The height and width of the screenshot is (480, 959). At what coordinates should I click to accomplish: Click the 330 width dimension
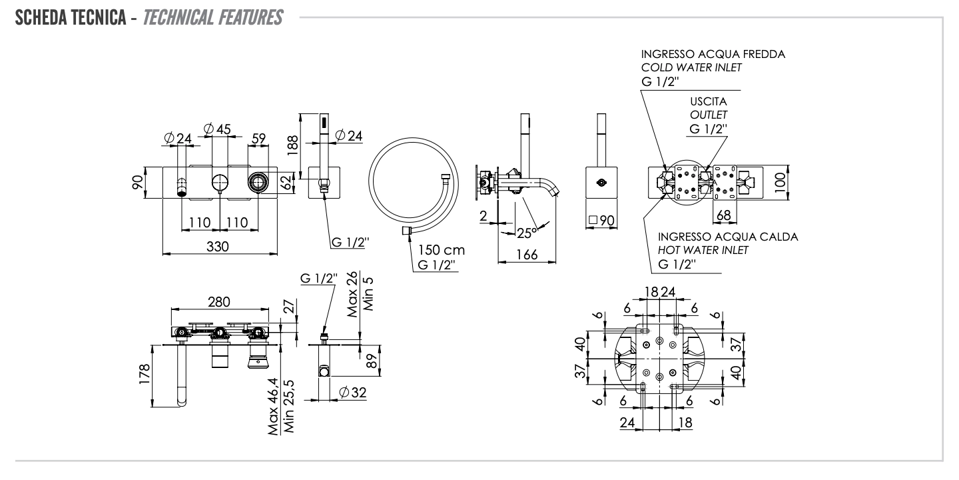pos(217,247)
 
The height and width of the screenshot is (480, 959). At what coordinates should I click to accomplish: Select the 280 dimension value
pos(218,302)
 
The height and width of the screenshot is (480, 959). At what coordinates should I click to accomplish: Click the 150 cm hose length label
pos(441,251)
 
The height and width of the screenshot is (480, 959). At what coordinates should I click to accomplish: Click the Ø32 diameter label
pos(352,393)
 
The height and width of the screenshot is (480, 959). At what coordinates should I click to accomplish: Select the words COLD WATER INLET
pos(691,67)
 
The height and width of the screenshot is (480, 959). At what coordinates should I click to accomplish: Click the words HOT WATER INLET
pos(703,250)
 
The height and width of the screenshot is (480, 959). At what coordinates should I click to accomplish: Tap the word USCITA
pos(708,102)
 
